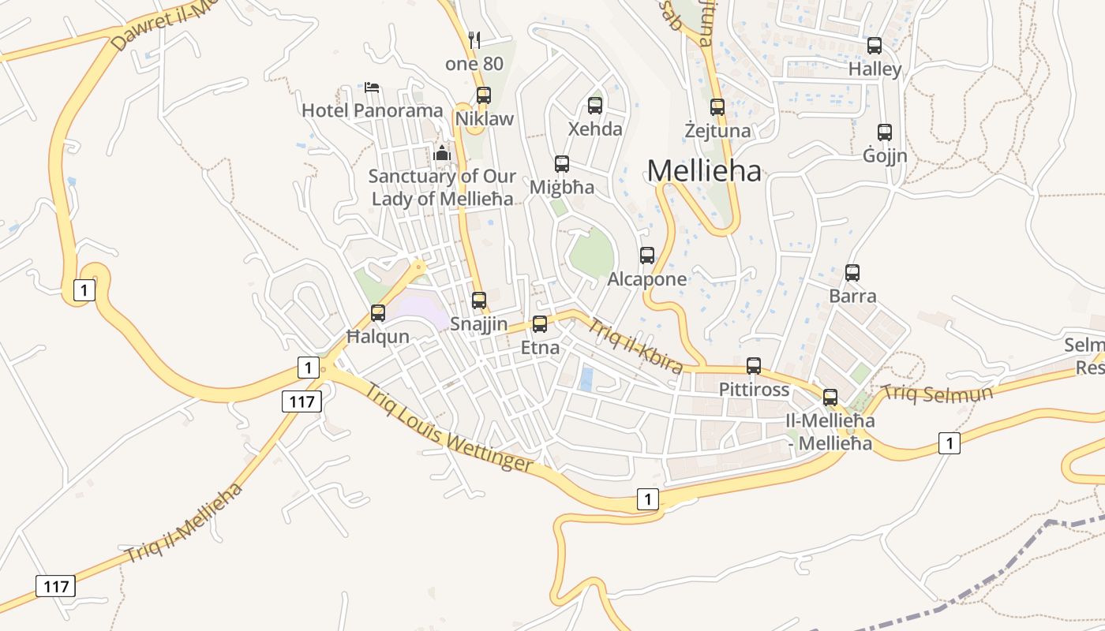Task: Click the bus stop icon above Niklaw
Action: (484, 95)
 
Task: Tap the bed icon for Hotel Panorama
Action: (373, 86)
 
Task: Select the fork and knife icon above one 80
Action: (474, 39)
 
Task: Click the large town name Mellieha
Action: (704, 170)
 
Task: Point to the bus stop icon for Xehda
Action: (595, 105)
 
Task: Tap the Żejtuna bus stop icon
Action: (717, 106)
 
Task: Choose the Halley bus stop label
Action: (875, 69)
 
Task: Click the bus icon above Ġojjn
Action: (885, 132)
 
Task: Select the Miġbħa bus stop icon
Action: (562, 164)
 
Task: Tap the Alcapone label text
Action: (647, 279)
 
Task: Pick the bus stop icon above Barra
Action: (852, 273)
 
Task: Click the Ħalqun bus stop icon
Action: (378, 313)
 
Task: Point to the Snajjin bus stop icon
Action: (479, 301)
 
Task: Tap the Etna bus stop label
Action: (540, 348)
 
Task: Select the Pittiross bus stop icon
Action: (754, 366)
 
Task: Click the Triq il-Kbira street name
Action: (635, 345)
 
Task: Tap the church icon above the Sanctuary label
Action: (442, 152)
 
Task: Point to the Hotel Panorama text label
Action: (373, 110)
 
